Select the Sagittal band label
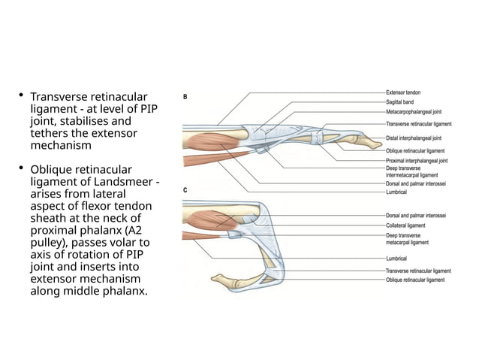(x=400, y=101)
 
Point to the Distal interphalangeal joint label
(x=413, y=138)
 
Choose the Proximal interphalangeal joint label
(x=417, y=160)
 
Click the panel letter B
(x=186, y=96)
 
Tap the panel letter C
(x=186, y=190)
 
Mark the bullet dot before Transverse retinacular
(x=22, y=96)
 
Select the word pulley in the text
(x=48, y=242)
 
